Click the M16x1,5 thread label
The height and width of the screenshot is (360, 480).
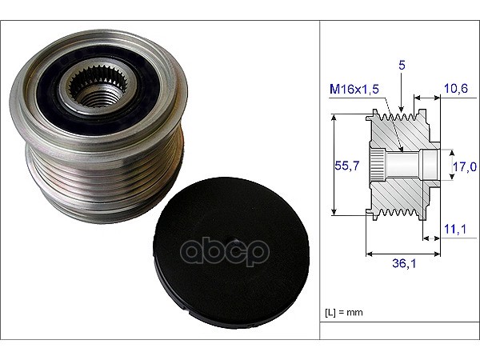[354, 89]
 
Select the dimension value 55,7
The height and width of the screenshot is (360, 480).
[347, 166]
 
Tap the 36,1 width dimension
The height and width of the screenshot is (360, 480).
[404, 263]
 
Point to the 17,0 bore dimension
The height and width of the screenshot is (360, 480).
[465, 167]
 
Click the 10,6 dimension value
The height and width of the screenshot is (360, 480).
[456, 89]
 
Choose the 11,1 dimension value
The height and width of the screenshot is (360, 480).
[455, 229]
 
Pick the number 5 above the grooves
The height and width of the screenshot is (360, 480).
[402, 65]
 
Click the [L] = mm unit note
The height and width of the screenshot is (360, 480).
[344, 312]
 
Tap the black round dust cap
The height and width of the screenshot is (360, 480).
[231, 253]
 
